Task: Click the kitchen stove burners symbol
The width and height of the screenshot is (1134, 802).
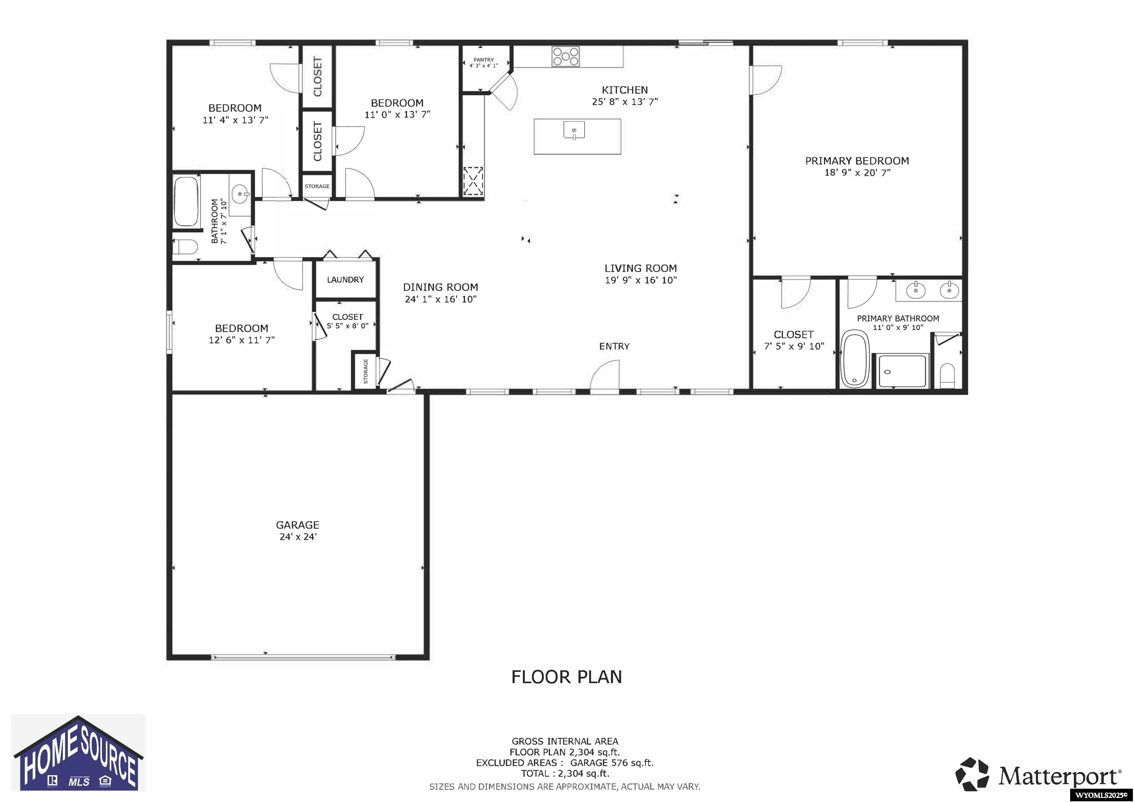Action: pos(566,56)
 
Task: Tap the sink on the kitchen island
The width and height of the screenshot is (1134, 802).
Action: pos(574,130)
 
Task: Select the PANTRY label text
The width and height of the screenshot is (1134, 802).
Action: pos(484,60)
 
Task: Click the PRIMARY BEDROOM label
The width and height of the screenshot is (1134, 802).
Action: pos(857,161)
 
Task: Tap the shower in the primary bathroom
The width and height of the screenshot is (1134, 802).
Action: pos(902,371)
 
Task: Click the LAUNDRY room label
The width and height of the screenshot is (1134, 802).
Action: pos(345,280)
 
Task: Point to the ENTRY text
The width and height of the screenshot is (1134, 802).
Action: pos(614,346)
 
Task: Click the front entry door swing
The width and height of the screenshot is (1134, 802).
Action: pos(605,375)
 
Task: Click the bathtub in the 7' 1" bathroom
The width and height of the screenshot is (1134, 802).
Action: pos(187,201)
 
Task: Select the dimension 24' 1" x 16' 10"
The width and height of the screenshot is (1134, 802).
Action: pos(440,299)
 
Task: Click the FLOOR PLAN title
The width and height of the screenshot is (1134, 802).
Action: pos(567,677)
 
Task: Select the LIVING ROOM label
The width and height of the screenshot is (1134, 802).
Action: pos(640,268)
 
